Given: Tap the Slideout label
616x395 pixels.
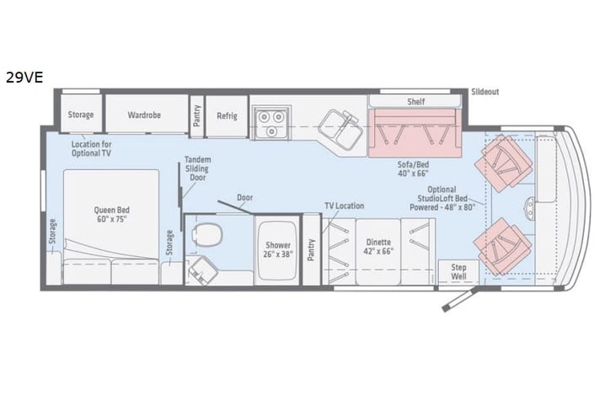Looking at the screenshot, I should [x=485, y=91].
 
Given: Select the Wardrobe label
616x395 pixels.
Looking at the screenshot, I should [x=145, y=115].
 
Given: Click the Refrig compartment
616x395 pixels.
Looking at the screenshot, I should [x=226, y=115].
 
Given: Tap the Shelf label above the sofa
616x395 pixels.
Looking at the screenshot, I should [x=415, y=101].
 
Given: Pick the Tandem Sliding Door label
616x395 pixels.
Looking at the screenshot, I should [x=197, y=169].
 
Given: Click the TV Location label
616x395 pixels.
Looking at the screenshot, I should [x=345, y=206].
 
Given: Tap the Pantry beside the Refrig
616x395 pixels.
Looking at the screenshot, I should [x=196, y=115].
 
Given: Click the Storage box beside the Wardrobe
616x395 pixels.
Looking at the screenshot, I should [x=81, y=115].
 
